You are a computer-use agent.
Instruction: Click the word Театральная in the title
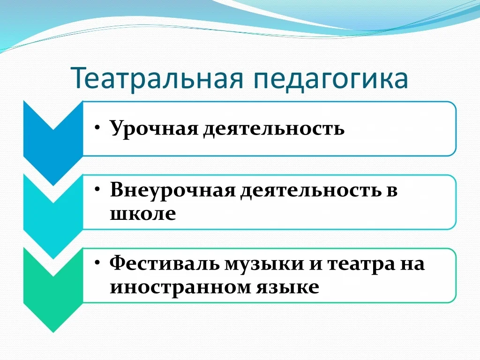pyautogui.click(x=157, y=78)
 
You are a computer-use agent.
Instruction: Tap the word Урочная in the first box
pyautogui.click(x=154, y=128)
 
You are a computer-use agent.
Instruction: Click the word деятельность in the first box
pyautogui.click(x=274, y=128)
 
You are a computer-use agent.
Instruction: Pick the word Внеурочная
pyautogui.click(x=172, y=190)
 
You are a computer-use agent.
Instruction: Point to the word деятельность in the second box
pyautogui.click(x=311, y=190)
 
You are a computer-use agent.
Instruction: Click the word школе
pyautogui.click(x=143, y=213)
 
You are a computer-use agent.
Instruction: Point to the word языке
pyautogui.click(x=288, y=287)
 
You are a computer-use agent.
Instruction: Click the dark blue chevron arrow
pyautogui.click(x=53, y=142)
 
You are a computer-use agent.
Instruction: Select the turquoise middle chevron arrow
pyautogui.click(x=53, y=216)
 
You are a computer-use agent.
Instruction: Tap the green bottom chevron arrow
pyautogui.click(x=53, y=290)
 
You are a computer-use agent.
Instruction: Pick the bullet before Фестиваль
pyautogui.click(x=97, y=262)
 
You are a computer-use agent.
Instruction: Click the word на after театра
pyautogui.click(x=412, y=264)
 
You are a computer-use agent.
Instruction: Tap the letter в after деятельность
pyautogui.click(x=392, y=191)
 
